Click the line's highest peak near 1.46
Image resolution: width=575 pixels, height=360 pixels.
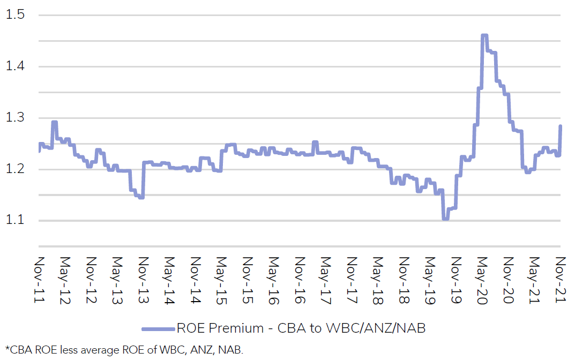[x=484, y=35]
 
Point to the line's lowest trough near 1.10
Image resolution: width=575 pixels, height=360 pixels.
[x=445, y=219]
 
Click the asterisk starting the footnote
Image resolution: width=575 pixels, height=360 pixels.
[x=7, y=349]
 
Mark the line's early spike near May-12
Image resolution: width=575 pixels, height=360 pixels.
[x=54, y=122]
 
